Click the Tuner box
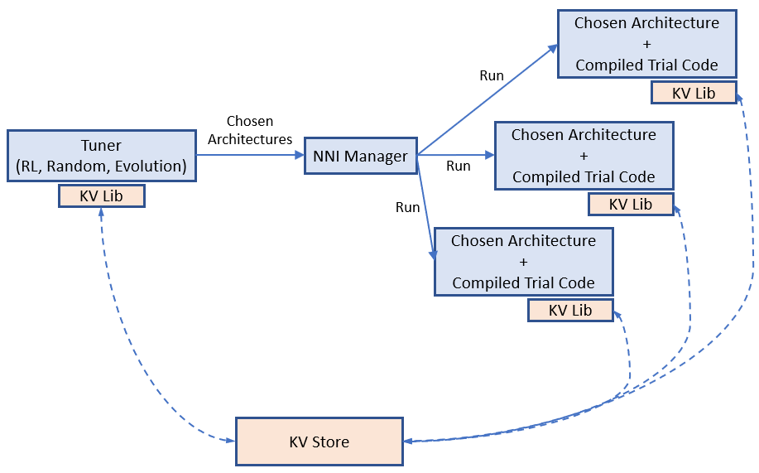click(101, 156)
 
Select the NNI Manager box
click(360, 156)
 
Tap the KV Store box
click(319, 441)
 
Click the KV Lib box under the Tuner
click(101, 195)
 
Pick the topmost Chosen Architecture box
click(646, 44)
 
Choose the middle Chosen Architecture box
click(584, 155)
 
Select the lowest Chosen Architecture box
click(523, 261)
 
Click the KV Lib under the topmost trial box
click(694, 93)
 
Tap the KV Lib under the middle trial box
click(631, 204)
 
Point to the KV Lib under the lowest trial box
click(570, 310)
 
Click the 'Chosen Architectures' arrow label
click(250, 130)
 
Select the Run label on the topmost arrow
click(492, 75)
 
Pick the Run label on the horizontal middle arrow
click(458, 166)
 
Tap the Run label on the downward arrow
click(407, 207)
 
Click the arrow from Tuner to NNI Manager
click(248, 155)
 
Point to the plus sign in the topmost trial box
click(646, 45)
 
